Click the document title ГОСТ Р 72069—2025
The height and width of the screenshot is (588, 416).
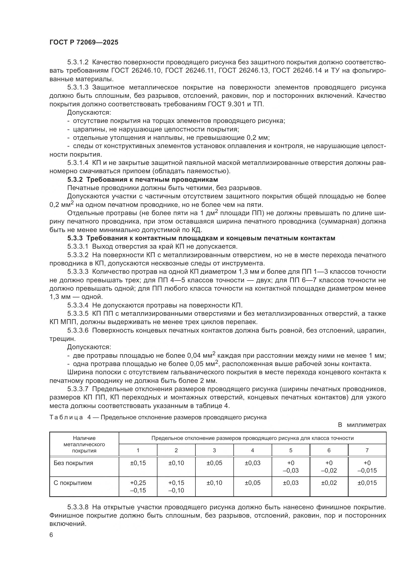(x=84, y=42)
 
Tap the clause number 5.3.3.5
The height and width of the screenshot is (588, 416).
(x=78, y=314)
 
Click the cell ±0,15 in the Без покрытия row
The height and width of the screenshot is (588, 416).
(x=138, y=463)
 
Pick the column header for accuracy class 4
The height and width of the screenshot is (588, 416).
(x=252, y=450)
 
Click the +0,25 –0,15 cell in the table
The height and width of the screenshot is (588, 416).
(x=138, y=487)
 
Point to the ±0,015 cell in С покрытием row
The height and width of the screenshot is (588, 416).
(x=367, y=483)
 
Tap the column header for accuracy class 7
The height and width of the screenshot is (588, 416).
(x=367, y=450)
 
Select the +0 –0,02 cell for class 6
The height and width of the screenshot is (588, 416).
(x=329, y=467)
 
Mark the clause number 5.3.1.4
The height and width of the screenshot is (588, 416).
(x=78, y=163)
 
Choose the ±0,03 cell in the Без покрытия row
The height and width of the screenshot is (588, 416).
(x=252, y=463)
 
